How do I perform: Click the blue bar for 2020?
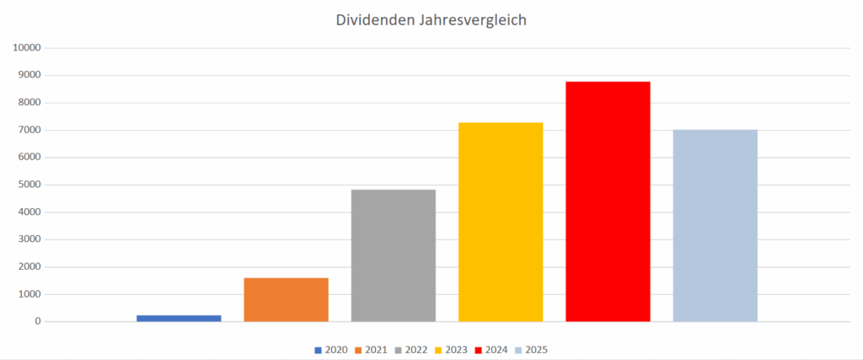pyautogui.click(x=179, y=318)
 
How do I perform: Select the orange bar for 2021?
pyautogui.click(x=286, y=299)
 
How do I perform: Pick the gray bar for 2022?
pyautogui.click(x=394, y=255)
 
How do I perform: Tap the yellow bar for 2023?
pyautogui.click(x=501, y=222)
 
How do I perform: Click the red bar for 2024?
pyautogui.click(x=608, y=201)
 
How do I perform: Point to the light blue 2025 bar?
pyautogui.click(x=715, y=225)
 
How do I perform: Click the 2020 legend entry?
pyautogui.click(x=331, y=350)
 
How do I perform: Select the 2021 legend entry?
pyautogui.click(x=372, y=350)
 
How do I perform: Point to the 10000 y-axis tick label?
pyautogui.click(x=28, y=48)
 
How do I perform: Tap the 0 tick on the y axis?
pyautogui.click(x=38, y=321)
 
